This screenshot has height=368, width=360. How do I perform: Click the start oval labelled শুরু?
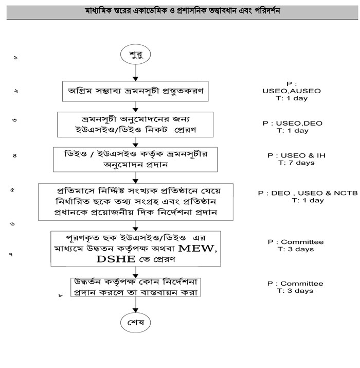[x=135, y=54]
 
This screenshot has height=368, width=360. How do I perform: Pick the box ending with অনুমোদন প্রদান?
[x=135, y=159]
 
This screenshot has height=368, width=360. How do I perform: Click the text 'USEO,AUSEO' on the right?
[x=291, y=91]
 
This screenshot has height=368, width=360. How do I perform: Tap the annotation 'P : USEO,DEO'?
[x=292, y=124]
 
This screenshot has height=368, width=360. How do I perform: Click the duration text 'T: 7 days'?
[x=292, y=163]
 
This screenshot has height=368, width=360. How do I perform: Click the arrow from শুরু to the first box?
[x=135, y=72]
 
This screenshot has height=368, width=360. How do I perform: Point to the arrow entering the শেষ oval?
[x=135, y=306]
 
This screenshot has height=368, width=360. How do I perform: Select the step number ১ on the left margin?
[x=16, y=58]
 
